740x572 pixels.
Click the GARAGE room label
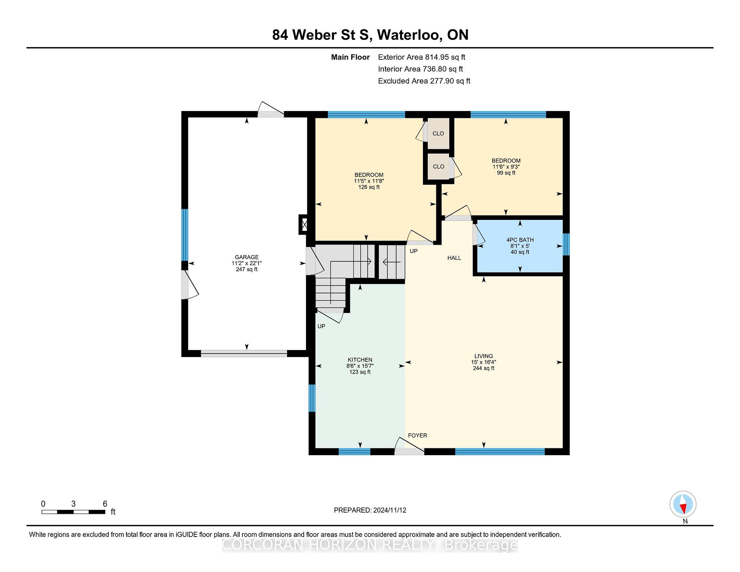tap(247, 257)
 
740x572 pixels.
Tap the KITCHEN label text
tap(360, 360)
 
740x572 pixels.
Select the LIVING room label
tap(484, 356)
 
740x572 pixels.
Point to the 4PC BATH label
tap(520, 240)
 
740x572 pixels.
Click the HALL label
tap(454, 258)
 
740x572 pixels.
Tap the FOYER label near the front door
tap(417, 436)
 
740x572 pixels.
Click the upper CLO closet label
tap(438, 133)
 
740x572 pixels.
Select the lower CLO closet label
tap(438, 167)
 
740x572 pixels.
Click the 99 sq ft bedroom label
tap(506, 161)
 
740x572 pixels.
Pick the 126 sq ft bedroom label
tap(369, 175)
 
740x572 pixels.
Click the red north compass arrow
tap(683, 509)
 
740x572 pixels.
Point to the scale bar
tap(73, 512)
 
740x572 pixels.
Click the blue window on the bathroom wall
tap(566, 244)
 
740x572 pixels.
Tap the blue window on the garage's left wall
tap(185, 235)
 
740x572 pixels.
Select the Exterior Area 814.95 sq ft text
tap(422, 57)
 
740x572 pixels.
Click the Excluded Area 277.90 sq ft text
tap(424, 81)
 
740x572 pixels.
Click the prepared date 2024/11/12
tap(390, 510)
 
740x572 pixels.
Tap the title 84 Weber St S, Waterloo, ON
tap(370, 35)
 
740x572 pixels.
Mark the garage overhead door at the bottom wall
tap(244, 353)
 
